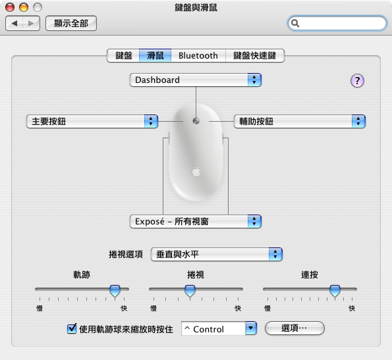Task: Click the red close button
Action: pyautogui.click(x=10, y=7)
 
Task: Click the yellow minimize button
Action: pyautogui.click(x=24, y=7)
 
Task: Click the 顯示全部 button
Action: pyautogui.click(x=71, y=24)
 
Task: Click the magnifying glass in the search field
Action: pyautogui.click(x=295, y=23)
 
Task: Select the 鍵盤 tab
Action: pyautogui.click(x=123, y=55)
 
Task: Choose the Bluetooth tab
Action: pyautogui.click(x=198, y=55)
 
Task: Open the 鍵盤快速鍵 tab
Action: pyautogui.click(x=255, y=55)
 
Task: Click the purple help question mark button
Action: pyautogui.click(x=357, y=81)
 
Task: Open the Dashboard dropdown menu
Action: pyautogui.click(x=196, y=80)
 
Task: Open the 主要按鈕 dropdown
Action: pyautogui.click(x=92, y=122)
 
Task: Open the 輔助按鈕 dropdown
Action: pyautogui.click(x=300, y=122)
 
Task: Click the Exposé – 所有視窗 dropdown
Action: pyautogui.click(x=196, y=221)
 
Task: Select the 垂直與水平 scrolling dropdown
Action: pyautogui.click(x=217, y=255)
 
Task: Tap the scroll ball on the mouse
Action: pyautogui.click(x=196, y=121)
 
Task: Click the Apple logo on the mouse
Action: pyautogui.click(x=196, y=172)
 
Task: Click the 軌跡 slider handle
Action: pyautogui.click(x=115, y=291)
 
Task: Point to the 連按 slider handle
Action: pyautogui.click(x=335, y=291)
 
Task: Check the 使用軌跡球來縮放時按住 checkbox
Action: pyautogui.click(x=72, y=328)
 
